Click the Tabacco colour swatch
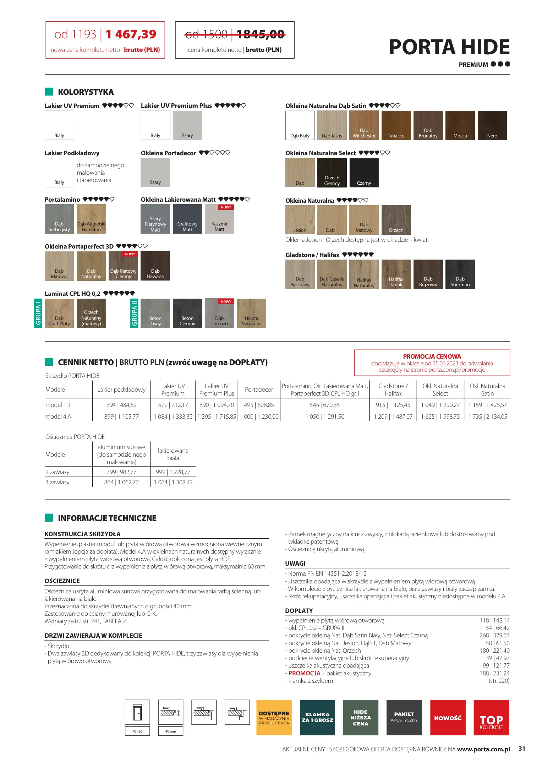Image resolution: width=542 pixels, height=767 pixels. [396, 125]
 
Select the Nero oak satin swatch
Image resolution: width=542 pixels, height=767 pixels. [492, 125]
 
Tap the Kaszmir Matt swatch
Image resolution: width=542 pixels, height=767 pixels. [219, 219]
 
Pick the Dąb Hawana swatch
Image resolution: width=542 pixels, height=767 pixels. [155, 266]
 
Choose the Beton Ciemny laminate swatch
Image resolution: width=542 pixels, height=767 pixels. [187, 313]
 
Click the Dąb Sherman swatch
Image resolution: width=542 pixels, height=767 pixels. [460, 274]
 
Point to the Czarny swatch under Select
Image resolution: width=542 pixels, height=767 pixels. [364, 173]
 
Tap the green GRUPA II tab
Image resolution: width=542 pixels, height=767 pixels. [134, 313]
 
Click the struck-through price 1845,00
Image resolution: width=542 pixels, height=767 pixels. [261, 34]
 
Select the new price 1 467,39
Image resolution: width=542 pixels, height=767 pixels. [131, 34]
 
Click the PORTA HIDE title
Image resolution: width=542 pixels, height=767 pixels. [449, 47]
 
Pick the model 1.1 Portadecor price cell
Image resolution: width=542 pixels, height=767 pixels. [259, 405]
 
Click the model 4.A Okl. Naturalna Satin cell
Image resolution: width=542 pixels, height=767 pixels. [487, 417]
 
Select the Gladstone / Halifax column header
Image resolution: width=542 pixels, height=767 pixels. [393, 390]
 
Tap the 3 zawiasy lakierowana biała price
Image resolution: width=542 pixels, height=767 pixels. [173, 482]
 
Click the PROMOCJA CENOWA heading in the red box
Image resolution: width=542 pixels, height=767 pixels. [432, 357]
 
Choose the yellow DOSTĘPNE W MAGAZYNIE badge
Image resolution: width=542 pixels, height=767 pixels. [274, 717]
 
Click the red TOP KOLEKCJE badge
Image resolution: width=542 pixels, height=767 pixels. [491, 717]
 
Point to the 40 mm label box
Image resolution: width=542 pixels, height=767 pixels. [170, 731]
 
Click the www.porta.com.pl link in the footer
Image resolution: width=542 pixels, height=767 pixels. [483, 749]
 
